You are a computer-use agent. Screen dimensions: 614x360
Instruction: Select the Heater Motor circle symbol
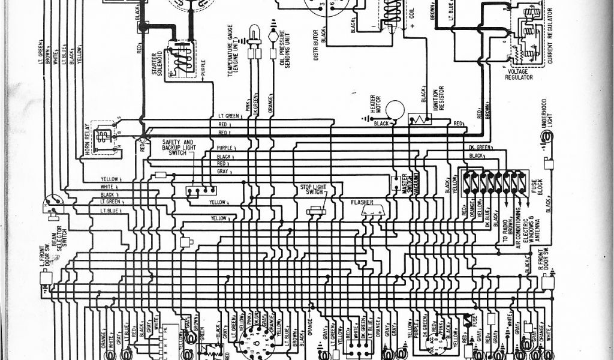tap(395, 109)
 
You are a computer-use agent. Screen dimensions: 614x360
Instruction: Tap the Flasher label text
tap(362, 202)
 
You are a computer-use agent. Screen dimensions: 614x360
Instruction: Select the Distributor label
tap(315, 44)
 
